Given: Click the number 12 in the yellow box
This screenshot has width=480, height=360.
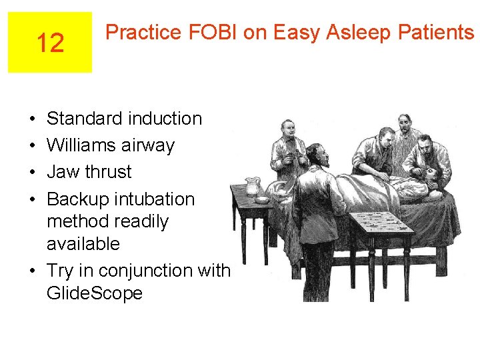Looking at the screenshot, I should (x=50, y=43).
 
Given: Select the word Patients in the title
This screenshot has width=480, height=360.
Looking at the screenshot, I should (x=433, y=32).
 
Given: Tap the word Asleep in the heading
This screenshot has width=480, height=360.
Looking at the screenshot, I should (x=356, y=32).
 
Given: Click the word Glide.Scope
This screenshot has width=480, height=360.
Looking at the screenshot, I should (x=95, y=293).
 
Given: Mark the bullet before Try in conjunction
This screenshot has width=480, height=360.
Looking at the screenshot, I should (x=33, y=271).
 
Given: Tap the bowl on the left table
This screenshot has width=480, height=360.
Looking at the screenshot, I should (x=263, y=199).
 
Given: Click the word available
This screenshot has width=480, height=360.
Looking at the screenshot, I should (x=83, y=244).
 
